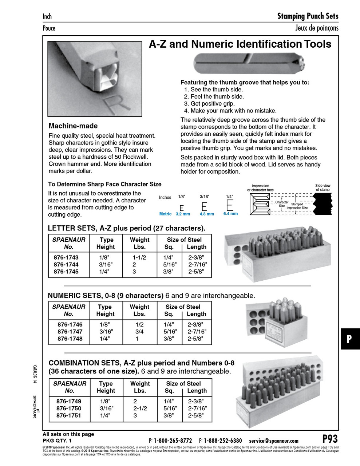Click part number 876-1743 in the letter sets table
coord(66,257)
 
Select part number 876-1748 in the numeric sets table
coord(70,339)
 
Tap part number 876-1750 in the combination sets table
coord(69,408)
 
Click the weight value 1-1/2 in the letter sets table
coord(139,257)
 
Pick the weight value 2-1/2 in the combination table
coord(140,408)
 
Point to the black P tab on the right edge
coord(350,339)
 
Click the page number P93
coord(330,439)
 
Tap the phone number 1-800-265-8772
coord(173,441)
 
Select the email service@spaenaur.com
coord(274,441)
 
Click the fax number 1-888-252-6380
coord(222,441)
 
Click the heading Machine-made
coord(73,126)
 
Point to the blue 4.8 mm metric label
coord(207,214)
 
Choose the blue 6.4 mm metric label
coord(230,214)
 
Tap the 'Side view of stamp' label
coord(323,187)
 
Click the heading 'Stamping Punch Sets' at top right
coord(308,16)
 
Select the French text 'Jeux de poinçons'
coord(317,28)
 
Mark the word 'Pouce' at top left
coord(49,28)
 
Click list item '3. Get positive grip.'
coord(209,103)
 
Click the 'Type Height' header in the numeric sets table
coord(105,310)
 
